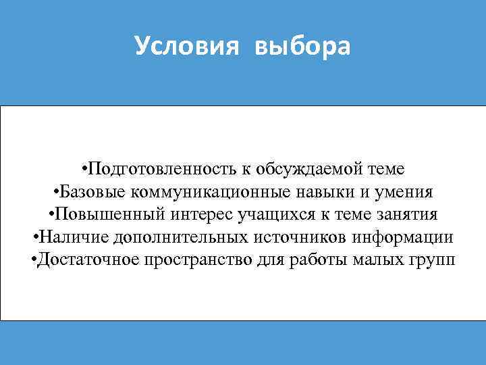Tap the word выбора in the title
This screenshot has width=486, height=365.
pyautogui.click(x=303, y=47)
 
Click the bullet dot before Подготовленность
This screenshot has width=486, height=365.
pyautogui.click(x=82, y=168)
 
